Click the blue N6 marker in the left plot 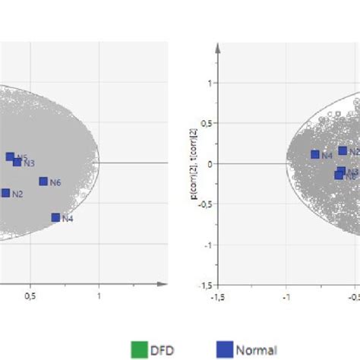(43, 182)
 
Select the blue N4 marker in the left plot (55, 217)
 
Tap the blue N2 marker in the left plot (5, 193)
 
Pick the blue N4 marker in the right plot (315, 154)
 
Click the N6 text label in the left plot (55, 182)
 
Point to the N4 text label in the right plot (327, 156)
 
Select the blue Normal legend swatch (224, 350)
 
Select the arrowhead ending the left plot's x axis (162, 286)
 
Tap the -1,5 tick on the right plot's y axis (203, 286)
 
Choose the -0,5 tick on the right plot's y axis (203, 204)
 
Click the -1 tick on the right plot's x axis (286, 296)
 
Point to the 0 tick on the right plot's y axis (207, 163)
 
